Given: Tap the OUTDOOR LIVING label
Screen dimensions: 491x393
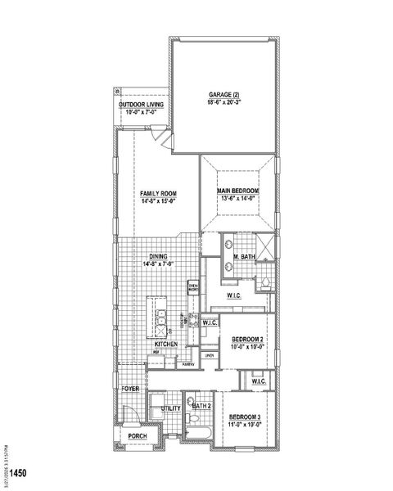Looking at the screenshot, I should coord(140,105).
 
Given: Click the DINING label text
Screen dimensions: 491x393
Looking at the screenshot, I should coord(158,256).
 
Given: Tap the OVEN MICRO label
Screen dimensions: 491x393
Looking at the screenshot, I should coord(193,288).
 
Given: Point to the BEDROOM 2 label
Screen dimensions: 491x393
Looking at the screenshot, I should coord(246,339).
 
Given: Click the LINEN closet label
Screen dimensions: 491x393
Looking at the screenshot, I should coord(210,355).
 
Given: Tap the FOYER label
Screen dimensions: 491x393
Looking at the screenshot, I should coord(130,389).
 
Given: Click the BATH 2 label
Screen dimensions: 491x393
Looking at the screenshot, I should coord(201,405).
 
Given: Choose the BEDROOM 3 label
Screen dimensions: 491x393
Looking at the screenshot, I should coord(245,417).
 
